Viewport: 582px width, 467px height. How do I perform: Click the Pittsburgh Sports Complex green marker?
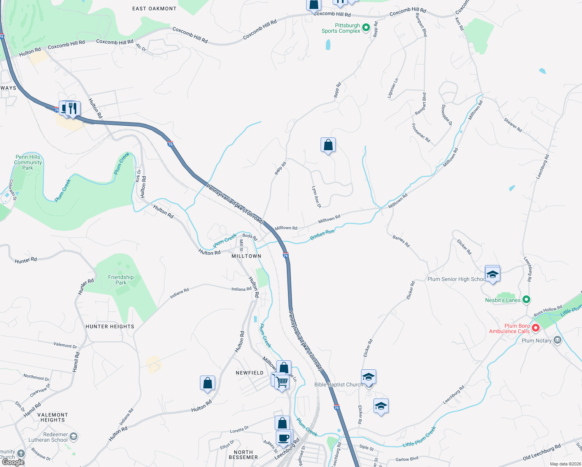coord(366,28)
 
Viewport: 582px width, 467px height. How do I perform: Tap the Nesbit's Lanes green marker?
coord(526,300)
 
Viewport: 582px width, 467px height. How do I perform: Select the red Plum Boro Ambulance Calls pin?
coord(535,328)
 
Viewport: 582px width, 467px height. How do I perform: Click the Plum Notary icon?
coord(557,340)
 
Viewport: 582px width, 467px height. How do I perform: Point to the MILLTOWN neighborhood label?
coord(246,256)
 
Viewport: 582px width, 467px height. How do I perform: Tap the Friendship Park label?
coord(121,280)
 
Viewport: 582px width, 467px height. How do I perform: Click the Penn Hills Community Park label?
coord(28,162)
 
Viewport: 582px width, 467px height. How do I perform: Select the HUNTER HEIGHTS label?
coord(110,327)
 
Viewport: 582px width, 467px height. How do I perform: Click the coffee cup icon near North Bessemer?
coord(284,438)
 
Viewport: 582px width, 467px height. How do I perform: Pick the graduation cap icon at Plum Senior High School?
coord(493,274)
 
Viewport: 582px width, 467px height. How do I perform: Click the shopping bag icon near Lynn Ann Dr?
coord(328,145)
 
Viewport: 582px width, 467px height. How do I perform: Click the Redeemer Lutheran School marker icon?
coord(74,437)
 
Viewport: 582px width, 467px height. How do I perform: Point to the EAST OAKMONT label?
coord(154,9)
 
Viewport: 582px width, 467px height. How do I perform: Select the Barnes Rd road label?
coord(401,241)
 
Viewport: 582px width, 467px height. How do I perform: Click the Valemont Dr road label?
coord(65,345)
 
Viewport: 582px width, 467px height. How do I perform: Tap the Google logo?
coord(13,462)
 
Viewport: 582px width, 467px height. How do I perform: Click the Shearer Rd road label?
coord(513,125)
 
